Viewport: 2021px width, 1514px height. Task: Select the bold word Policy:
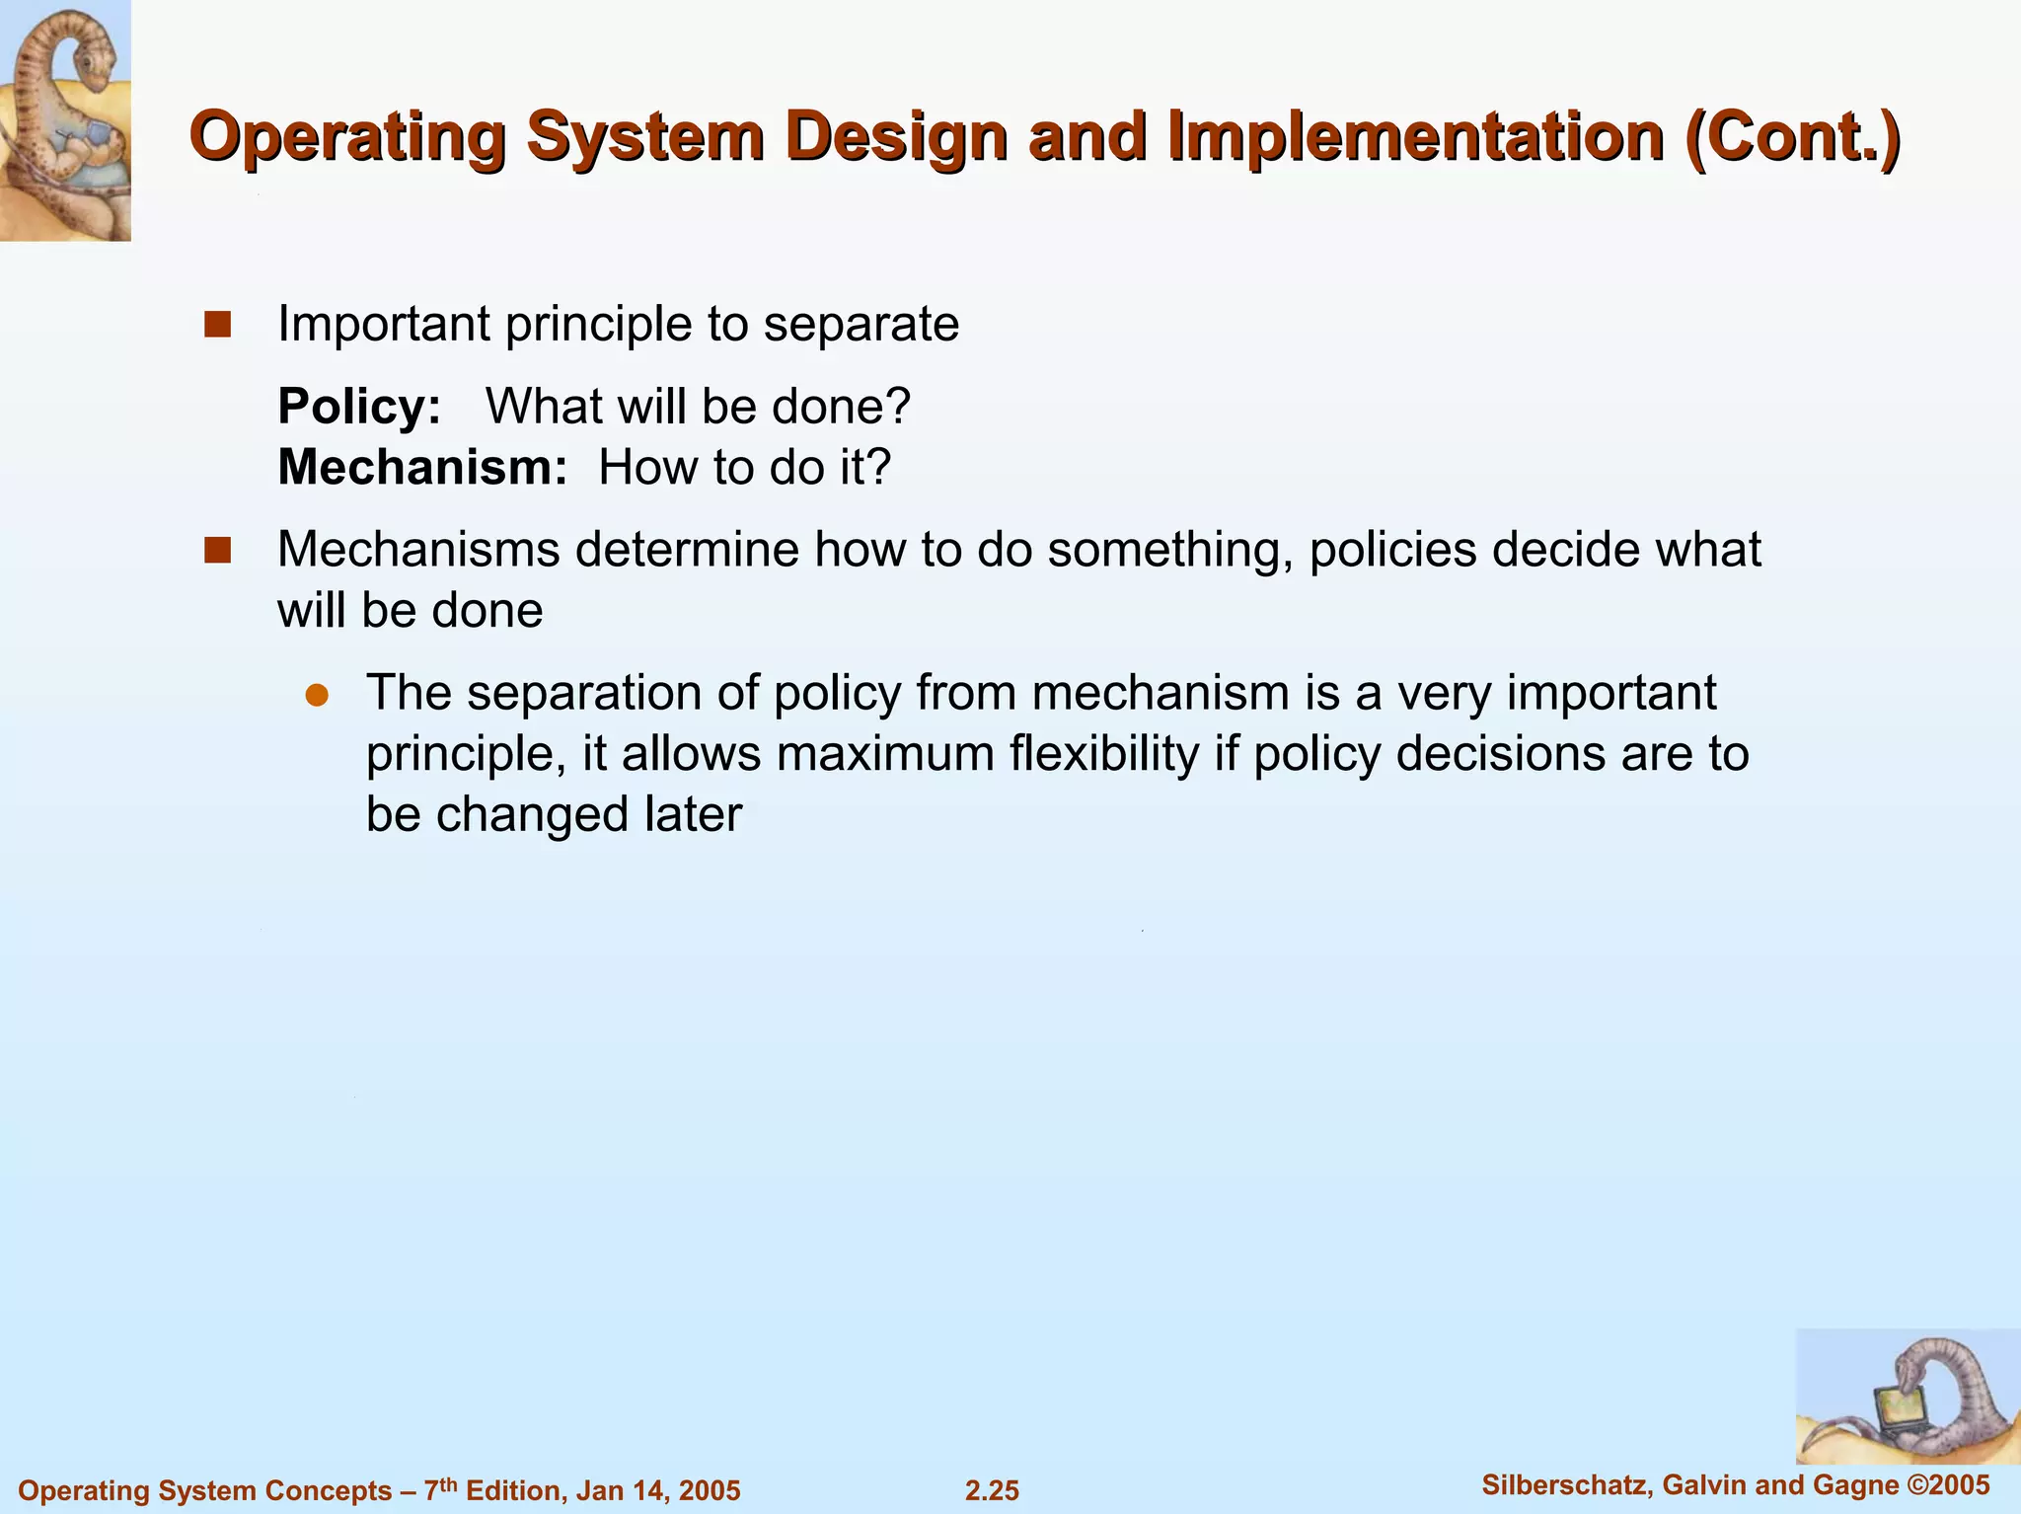[x=359, y=407]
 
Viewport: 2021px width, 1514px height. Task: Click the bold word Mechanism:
[x=422, y=468]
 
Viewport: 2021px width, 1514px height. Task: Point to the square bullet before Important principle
[x=217, y=325]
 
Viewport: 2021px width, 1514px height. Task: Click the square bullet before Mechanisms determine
[x=217, y=550]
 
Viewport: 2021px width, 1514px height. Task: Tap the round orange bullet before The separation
[x=316, y=695]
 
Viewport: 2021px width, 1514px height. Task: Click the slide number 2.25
[x=992, y=1490]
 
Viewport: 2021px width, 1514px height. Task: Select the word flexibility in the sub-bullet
[x=1103, y=754]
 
